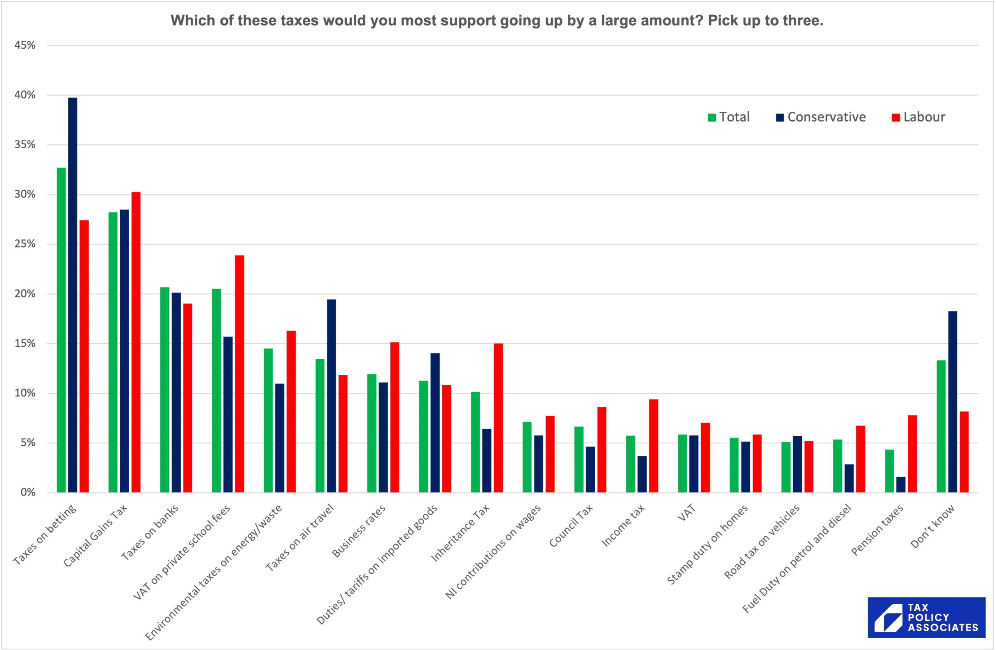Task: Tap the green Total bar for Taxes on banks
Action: [165, 390]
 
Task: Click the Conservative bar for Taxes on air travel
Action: [331, 396]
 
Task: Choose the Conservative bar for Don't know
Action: [952, 402]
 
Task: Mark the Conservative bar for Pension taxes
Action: [901, 485]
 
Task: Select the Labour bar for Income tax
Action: [653, 446]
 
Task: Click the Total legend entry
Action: [729, 117]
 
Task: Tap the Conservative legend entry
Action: [821, 117]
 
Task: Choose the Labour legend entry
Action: [918, 117]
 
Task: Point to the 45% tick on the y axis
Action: [25, 45]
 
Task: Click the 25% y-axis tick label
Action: [25, 244]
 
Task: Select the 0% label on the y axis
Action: [28, 492]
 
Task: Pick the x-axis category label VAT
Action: [687, 513]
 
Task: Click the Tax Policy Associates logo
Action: [926, 617]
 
